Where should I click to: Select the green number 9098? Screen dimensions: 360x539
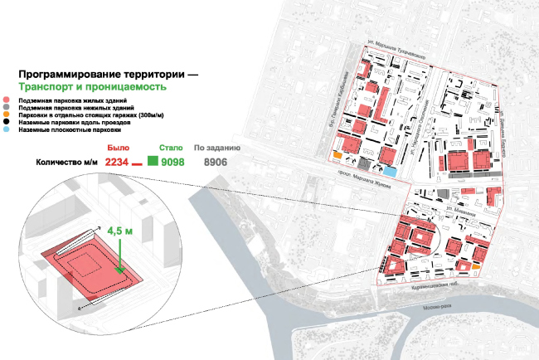click(x=178, y=162)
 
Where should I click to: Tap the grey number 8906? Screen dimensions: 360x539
click(x=216, y=162)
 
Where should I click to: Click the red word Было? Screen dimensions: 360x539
click(x=119, y=147)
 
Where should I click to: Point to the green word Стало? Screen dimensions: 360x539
click(x=172, y=147)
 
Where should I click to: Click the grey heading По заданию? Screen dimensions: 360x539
click(x=216, y=147)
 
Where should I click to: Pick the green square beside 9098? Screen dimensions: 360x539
click(x=153, y=161)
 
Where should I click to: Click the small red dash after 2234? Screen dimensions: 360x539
click(x=138, y=163)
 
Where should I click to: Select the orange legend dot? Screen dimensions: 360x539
click(x=7, y=114)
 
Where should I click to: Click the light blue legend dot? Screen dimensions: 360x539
click(x=7, y=129)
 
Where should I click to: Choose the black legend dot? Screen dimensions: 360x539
click(x=7, y=122)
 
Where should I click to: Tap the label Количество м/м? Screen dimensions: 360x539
click(x=66, y=163)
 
